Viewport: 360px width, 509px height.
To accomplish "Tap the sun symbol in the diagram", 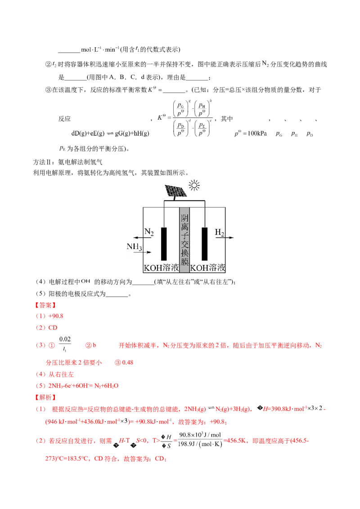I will [194, 185].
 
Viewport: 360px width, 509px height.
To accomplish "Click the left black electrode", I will [164, 244].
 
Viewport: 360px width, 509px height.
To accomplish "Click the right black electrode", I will [205, 244].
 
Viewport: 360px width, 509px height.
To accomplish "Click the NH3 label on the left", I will [135, 246].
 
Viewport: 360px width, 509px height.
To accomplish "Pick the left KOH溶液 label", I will [161, 268].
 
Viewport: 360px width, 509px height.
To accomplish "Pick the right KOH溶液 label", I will [207, 268].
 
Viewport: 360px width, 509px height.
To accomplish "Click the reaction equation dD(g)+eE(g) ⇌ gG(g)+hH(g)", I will [110, 133].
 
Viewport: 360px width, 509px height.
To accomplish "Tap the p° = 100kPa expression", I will [250, 134].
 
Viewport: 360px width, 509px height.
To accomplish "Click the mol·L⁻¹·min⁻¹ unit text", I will [99, 49].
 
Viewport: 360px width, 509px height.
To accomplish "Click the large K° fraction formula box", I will [185, 119].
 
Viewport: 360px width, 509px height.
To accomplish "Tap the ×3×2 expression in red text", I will [312, 408].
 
